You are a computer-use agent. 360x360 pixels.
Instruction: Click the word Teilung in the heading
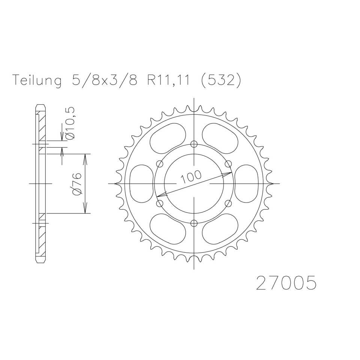click(x=37, y=80)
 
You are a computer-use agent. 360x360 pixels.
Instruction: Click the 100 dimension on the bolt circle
click(x=191, y=177)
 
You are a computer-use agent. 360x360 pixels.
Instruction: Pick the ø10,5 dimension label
click(x=71, y=123)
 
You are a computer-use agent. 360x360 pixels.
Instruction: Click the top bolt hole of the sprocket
click(x=194, y=144)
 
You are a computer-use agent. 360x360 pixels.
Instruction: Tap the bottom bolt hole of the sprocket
click(x=194, y=223)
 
